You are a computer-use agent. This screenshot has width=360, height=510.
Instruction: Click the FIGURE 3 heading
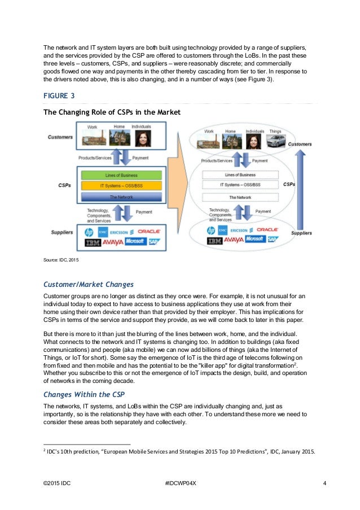[61, 96]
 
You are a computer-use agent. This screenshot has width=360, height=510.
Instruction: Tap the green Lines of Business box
[121, 175]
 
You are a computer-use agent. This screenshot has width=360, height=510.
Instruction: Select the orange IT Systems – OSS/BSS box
[121, 186]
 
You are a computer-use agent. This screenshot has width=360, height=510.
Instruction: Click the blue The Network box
[121, 197]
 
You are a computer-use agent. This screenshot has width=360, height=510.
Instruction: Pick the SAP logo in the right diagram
[273, 240]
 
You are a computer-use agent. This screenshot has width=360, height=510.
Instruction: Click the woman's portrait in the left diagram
[141, 138]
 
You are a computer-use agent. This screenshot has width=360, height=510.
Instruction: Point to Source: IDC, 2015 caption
[62, 261]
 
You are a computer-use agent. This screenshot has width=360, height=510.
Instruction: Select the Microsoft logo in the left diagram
[135, 242]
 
